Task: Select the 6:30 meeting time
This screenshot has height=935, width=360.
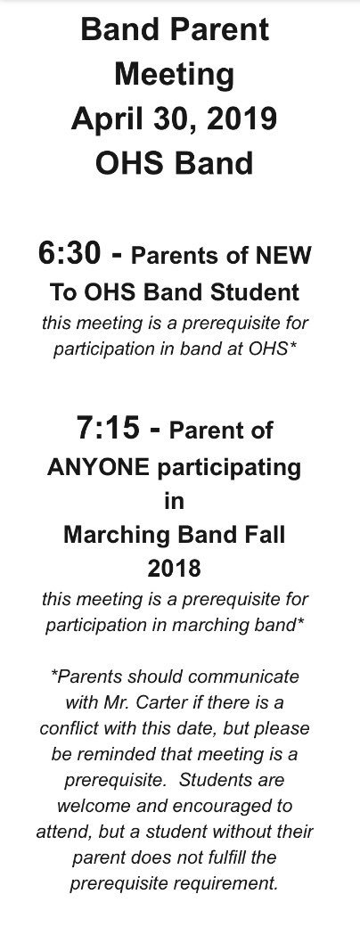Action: tap(70, 254)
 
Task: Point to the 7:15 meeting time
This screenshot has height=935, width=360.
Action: tap(108, 429)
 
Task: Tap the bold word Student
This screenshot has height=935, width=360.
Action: tap(255, 291)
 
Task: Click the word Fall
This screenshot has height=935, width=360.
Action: tap(265, 535)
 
